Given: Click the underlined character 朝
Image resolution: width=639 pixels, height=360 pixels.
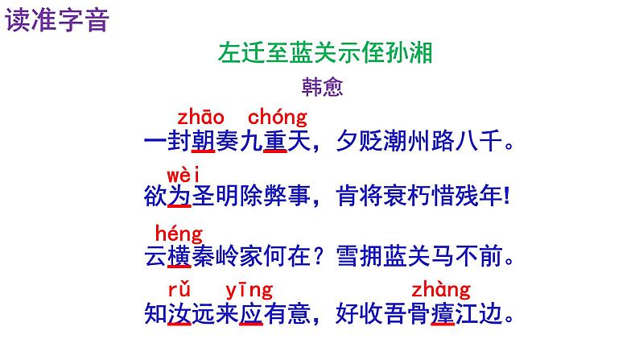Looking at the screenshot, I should coord(203,143).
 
